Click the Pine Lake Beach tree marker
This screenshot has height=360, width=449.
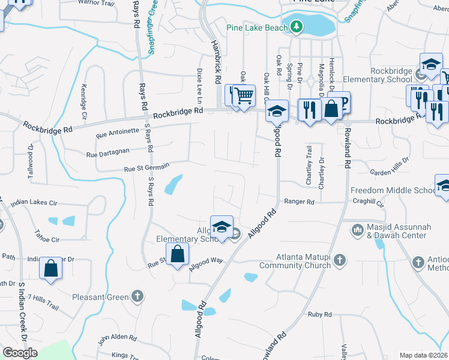(x=296, y=27)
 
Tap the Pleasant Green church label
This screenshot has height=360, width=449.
(x=100, y=296)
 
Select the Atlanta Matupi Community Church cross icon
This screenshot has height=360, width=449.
(x=340, y=260)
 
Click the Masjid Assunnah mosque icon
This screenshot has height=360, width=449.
(x=358, y=229)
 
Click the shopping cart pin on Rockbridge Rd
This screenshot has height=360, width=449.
(x=243, y=95)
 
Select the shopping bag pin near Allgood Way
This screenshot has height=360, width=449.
(x=178, y=254)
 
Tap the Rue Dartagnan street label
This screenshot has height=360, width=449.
(x=108, y=154)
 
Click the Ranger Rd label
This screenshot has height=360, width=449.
(x=300, y=202)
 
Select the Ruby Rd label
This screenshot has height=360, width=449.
(x=320, y=314)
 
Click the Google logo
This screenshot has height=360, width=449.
(x=20, y=352)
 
